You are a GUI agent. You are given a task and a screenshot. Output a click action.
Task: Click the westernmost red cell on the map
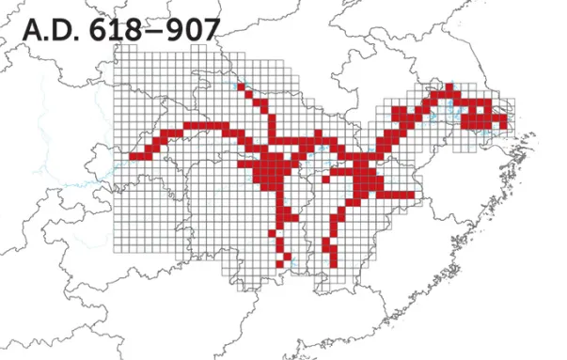134,156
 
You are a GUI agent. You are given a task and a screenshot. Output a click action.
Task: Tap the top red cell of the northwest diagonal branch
242,87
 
